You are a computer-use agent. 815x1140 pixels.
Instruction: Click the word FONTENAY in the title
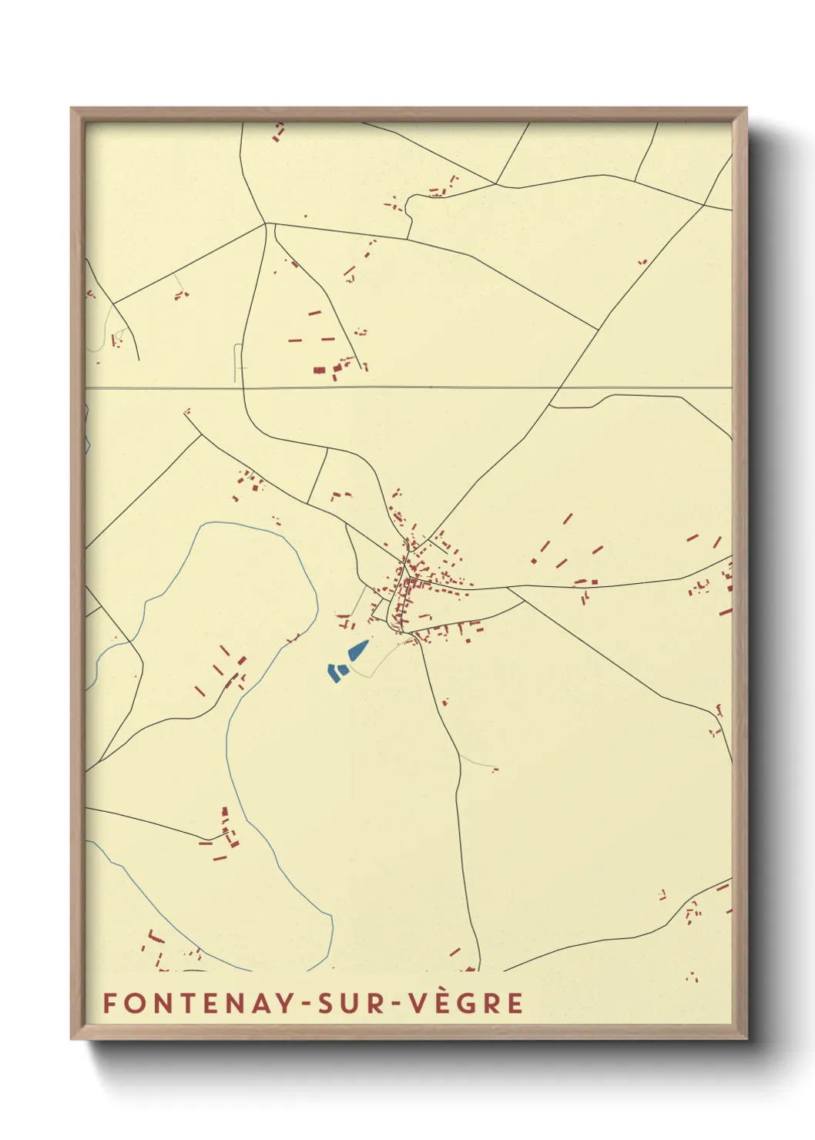point(197,1003)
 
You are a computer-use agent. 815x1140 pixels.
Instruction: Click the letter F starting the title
point(110,1003)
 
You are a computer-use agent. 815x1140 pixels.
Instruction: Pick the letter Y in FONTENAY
point(284,1003)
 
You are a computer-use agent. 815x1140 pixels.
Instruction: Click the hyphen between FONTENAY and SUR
point(305,1004)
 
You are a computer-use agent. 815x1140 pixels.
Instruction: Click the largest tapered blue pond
point(358,651)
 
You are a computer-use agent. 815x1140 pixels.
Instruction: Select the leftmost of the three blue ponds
point(333,672)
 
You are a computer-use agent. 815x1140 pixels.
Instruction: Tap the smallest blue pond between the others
point(343,670)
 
